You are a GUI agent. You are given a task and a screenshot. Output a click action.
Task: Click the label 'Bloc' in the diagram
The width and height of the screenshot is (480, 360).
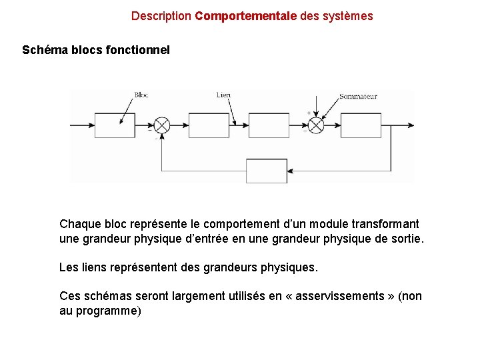(141, 95)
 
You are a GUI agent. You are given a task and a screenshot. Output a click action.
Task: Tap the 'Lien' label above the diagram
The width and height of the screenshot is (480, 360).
(223, 95)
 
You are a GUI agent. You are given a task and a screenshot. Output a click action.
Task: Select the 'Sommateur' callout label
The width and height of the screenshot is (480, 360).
(358, 97)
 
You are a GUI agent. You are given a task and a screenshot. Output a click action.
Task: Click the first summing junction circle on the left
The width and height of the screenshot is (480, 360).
(162, 125)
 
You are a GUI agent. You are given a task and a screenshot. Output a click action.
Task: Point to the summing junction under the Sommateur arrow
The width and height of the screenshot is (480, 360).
(315, 125)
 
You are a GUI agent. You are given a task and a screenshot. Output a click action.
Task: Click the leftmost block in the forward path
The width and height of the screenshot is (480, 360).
(114, 125)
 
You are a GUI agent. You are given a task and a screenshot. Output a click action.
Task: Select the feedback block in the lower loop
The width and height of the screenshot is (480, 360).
(267, 171)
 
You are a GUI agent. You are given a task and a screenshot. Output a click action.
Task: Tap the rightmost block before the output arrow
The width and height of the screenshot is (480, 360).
(361, 125)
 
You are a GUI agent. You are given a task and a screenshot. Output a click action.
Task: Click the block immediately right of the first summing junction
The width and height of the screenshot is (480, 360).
(209, 125)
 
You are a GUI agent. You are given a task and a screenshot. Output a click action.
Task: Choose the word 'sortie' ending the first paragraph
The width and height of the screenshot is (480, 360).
(405, 239)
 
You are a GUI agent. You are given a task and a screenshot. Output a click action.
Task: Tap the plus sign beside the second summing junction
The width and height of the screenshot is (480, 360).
(308, 113)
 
